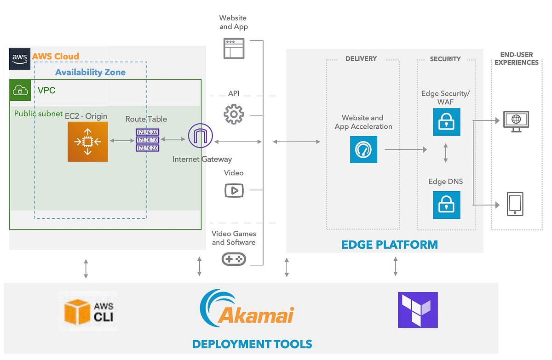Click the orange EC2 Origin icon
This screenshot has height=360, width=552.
coord(87,142)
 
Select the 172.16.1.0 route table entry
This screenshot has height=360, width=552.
coord(147,140)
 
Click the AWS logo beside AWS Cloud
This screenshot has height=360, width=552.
coord(20,58)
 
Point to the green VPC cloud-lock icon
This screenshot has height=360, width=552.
coord(20,90)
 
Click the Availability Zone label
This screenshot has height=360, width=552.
coord(90,72)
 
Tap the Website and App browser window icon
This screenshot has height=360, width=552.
coord(234,48)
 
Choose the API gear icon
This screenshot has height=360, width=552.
coord(234,114)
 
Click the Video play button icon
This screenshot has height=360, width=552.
coord(234,190)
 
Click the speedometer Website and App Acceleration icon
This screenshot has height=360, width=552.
coord(363,149)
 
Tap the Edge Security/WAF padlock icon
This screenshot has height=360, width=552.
coord(446,122)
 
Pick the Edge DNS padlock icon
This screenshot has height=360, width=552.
coord(446,205)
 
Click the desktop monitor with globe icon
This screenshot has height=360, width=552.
coord(516,121)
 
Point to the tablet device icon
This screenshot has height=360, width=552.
coord(515,204)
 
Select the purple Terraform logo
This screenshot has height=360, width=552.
coord(418,309)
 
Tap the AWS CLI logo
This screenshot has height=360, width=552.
coord(88,311)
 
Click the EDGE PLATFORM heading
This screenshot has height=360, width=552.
coord(389,245)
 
